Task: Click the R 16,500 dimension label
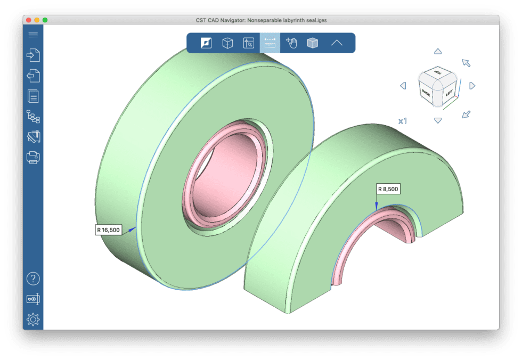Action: pyautogui.click(x=108, y=230)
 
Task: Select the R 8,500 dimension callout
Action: pyautogui.click(x=388, y=189)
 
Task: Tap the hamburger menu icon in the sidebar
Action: pyautogui.click(x=33, y=35)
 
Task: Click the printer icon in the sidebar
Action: pyautogui.click(x=33, y=157)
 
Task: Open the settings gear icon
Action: pyautogui.click(x=33, y=320)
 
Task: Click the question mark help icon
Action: pyautogui.click(x=33, y=279)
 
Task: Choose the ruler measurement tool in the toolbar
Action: pyautogui.click(x=270, y=43)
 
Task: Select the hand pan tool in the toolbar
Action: pyautogui.click(x=291, y=43)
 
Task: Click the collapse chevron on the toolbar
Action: pyautogui.click(x=337, y=43)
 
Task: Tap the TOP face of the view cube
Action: pyautogui.click(x=438, y=73)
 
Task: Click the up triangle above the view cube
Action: pyautogui.click(x=438, y=52)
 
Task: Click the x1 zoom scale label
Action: pyautogui.click(x=403, y=121)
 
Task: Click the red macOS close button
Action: pyautogui.click(x=29, y=20)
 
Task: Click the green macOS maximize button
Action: pyautogui.click(x=45, y=20)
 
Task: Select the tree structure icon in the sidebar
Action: pyautogui.click(x=33, y=116)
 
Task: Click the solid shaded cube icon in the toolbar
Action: pyautogui.click(x=313, y=43)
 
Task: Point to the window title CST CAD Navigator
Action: pyautogui.click(x=260, y=20)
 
